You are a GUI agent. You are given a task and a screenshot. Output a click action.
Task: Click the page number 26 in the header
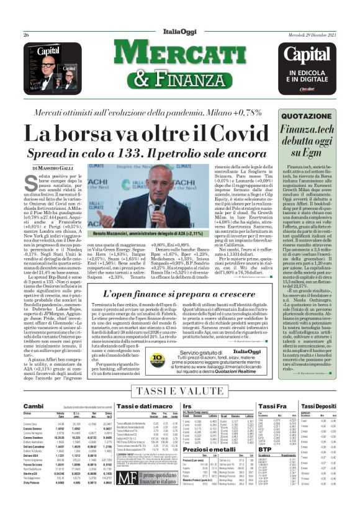click(26, 35)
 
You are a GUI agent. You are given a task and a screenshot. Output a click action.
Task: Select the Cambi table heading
click(33, 405)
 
